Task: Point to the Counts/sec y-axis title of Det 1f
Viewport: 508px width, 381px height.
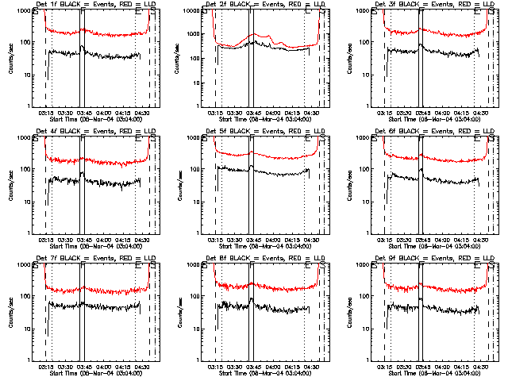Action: pyautogui.click(x=10, y=58)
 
